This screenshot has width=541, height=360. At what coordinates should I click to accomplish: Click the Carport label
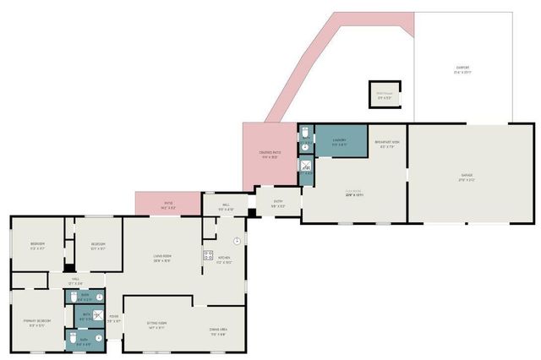pyautogui.click(x=462, y=69)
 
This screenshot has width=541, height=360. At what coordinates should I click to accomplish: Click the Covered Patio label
pyautogui.click(x=270, y=154)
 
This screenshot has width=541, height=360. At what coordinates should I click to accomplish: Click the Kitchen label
pyautogui.click(x=224, y=260)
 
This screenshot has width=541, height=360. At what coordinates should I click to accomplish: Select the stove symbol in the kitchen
pyautogui.click(x=206, y=254)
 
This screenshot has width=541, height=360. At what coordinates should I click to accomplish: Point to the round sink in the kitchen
pyautogui.click(x=238, y=241)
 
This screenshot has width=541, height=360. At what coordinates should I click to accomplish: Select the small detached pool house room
pyautogui.click(x=384, y=95)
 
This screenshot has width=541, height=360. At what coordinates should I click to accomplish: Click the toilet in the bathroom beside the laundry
pyautogui.click(x=304, y=134)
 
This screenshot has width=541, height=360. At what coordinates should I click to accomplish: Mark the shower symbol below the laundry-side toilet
pyautogui.click(x=305, y=166)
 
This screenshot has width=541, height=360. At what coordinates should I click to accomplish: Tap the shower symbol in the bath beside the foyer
pyautogui.click(x=98, y=317)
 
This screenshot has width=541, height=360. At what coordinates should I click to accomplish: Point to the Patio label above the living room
pyautogui.click(x=168, y=205)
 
